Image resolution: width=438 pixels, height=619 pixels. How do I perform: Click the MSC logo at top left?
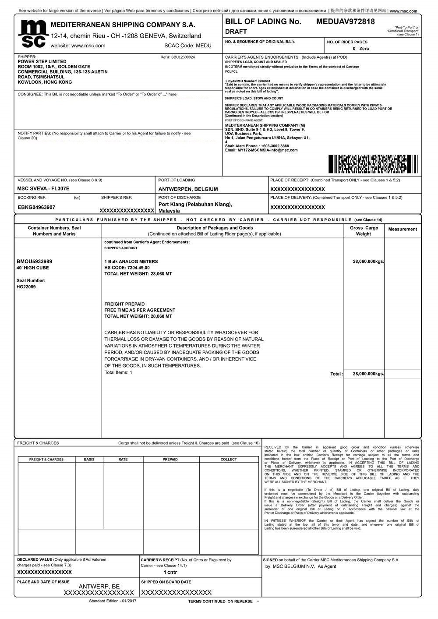pyautogui.click(x=32, y=34)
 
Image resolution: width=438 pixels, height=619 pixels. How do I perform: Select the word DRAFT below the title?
pyautogui.click(x=236, y=32)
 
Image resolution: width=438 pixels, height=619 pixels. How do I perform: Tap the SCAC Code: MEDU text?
pyautogui.click(x=187, y=46)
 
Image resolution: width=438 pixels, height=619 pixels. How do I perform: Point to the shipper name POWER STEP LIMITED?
pyautogui.click(x=42, y=62)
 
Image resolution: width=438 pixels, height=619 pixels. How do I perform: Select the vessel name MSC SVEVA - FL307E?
pyautogui.click(x=43, y=189)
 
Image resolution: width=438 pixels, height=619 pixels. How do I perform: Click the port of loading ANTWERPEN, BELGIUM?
pyautogui.click(x=188, y=189)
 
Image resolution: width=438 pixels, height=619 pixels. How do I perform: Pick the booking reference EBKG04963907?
pyautogui.click(x=36, y=207)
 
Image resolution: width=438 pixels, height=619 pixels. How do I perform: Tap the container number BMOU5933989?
pyautogui.click(x=34, y=262)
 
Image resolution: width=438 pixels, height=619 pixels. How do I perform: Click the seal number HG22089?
pyautogui.click(x=26, y=287)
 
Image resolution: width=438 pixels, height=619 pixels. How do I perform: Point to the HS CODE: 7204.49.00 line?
pyautogui.click(x=127, y=268)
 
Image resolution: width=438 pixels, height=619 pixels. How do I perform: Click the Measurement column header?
pyautogui.click(x=403, y=229)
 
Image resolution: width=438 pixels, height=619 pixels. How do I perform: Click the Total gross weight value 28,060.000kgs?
pyautogui.click(x=368, y=374)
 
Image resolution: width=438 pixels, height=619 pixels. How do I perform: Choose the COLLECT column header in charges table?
pyautogui.click(x=229, y=460)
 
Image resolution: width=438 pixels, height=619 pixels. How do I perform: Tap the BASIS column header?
pyautogui.click(x=89, y=460)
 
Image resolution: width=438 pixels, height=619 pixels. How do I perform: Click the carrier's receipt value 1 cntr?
pyautogui.click(x=170, y=572)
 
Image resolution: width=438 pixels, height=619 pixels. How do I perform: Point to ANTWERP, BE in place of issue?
pyautogui.click(x=99, y=587)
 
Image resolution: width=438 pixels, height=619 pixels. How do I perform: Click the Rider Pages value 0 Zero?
pyautogui.click(x=361, y=49)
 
